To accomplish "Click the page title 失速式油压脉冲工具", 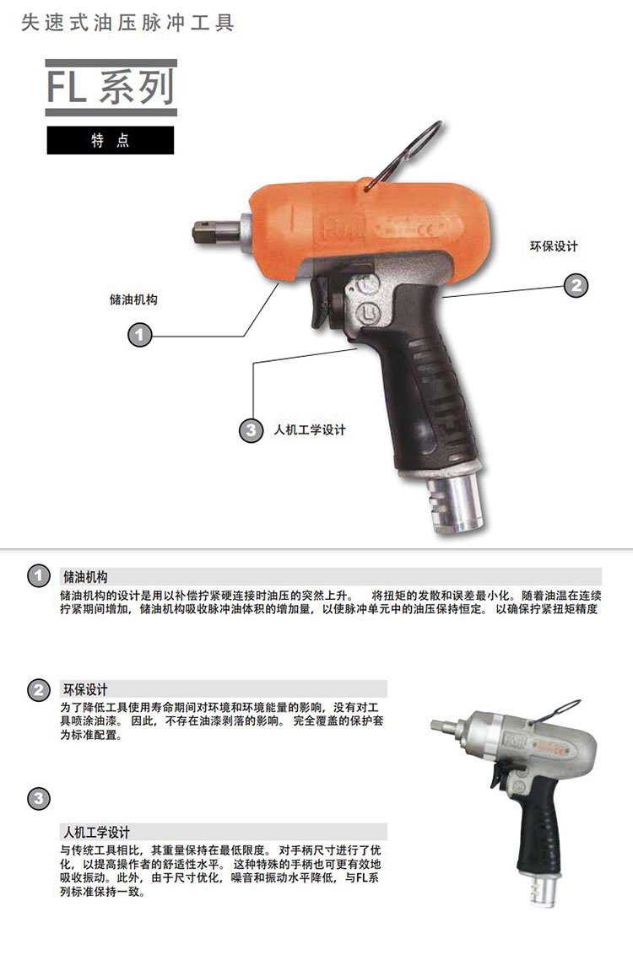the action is [127, 23].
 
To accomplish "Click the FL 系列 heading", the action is [111, 87].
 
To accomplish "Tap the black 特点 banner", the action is [111, 140].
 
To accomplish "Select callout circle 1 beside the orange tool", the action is [139, 335].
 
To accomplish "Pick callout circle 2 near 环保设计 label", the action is [576, 285].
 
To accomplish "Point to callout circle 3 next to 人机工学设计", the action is [251, 430].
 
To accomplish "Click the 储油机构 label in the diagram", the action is [133, 299].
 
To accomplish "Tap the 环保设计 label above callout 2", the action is [554, 246].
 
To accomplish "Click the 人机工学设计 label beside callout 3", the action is [310, 430].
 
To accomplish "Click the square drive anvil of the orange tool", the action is [214, 232].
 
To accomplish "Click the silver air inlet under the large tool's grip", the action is [455, 504].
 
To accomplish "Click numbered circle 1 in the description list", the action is [38, 575].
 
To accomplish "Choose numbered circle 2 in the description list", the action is [38, 689].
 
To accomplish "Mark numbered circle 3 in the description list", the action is [38, 798].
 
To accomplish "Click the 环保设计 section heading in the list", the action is [85, 689].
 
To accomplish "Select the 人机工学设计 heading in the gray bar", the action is [97, 832].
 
